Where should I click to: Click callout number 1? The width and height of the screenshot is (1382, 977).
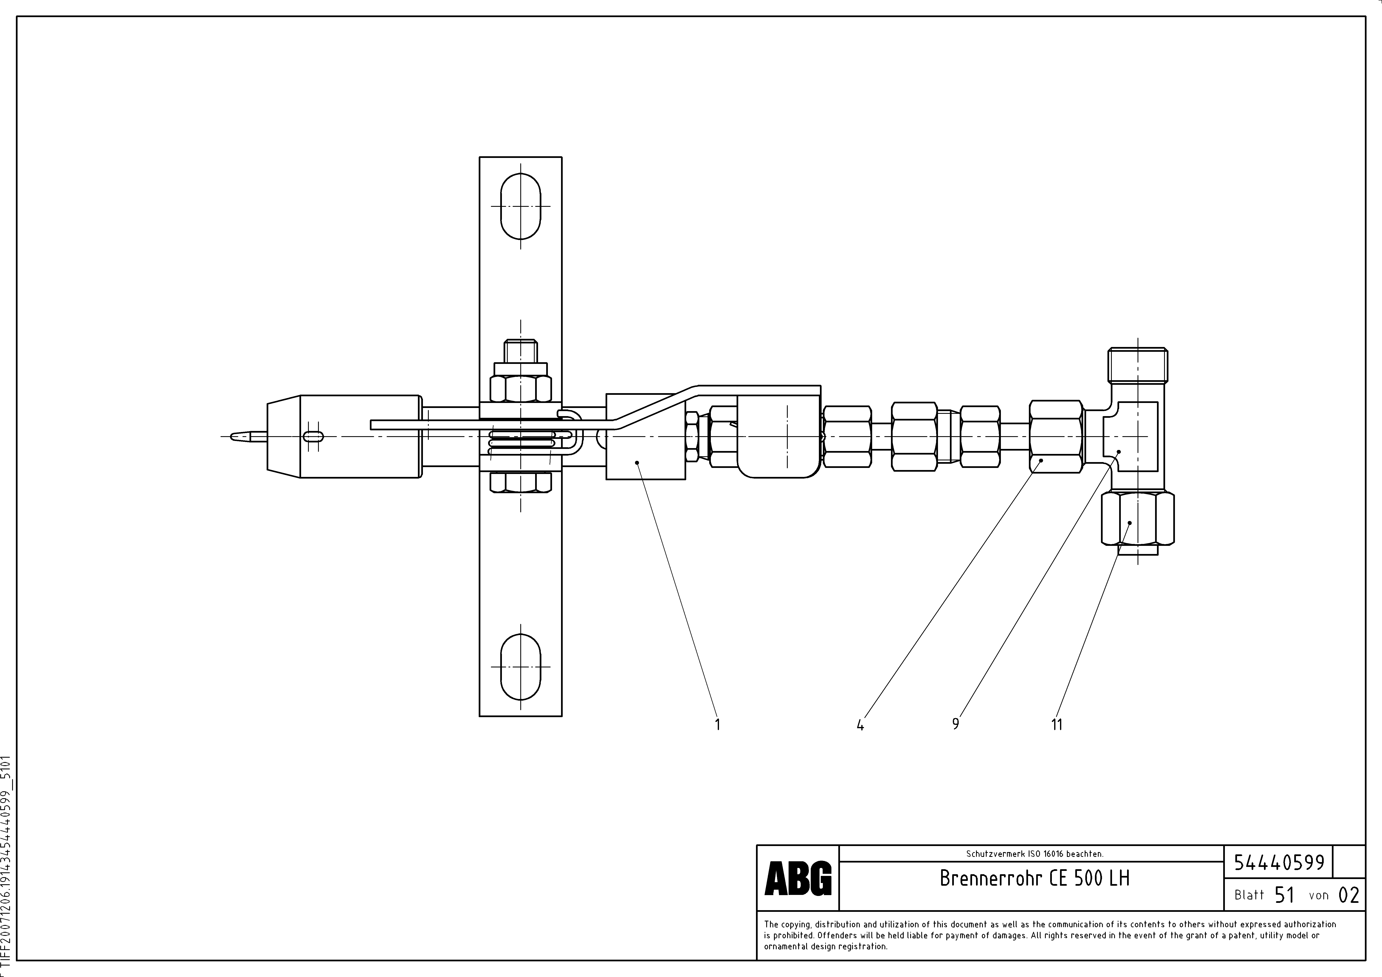click(717, 724)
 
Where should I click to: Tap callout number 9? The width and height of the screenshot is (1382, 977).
click(955, 724)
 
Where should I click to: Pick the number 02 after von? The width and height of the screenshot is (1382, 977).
click(1348, 895)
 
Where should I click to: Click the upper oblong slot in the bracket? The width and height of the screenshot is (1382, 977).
click(521, 206)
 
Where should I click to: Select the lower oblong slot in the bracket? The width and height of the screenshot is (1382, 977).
click(521, 667)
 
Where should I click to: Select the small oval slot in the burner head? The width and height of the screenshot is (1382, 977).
click(314, 437)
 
